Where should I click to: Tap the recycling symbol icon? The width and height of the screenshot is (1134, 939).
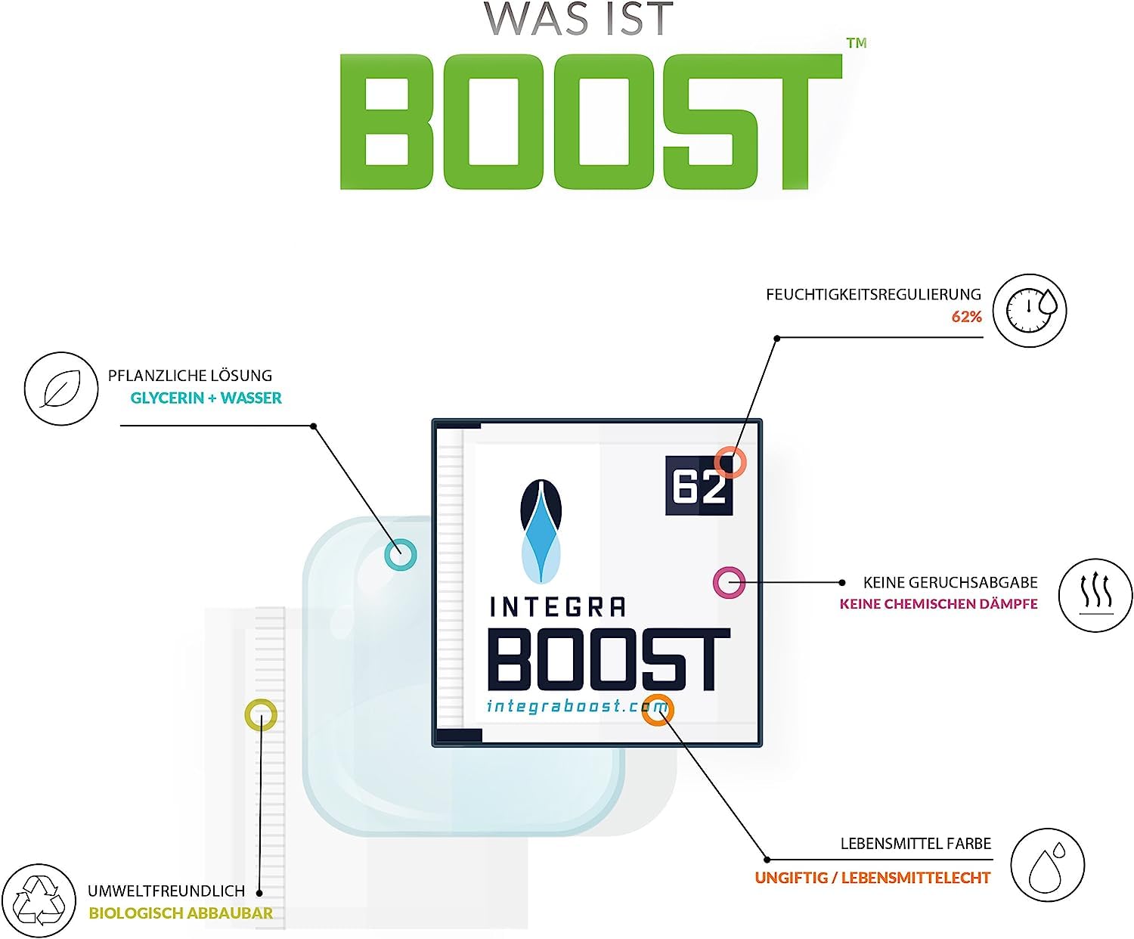pyautogui.click(x=40, y=900)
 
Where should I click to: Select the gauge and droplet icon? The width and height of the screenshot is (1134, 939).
pyautogui.click(x=1030, y=311)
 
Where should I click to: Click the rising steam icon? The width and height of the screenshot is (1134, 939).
pyautogui.click(x=1095, y=594)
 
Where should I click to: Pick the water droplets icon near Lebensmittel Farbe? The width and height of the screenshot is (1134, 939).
pyautogui.click(x=1048, y=865)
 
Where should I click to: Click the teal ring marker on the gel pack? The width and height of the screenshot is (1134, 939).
pyautogui.click(x=401, y=554)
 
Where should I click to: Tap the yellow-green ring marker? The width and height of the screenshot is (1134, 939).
pyautogui.click(x=261, y=714)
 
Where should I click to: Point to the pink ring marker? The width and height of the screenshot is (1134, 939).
pyautogui.click(x=730, y=582)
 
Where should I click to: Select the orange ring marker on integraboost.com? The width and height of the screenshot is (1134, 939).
pyautogui.click(x=658, y=709)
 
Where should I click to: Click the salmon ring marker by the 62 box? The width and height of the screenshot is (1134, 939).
pyautogui.click(x=730, y=462)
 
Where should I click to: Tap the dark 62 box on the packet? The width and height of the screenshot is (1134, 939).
pyautogui.click(x=698, y=487)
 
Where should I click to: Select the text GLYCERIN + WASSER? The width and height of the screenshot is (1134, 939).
pyautogui.click(x=206, y=398)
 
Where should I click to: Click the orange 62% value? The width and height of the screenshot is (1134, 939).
pyautogui.click(x=966, y=317)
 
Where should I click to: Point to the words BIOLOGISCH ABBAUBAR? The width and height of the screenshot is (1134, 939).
pyautogui.click(x=181, y=913)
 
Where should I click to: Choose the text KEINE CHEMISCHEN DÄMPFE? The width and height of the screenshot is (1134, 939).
pyautogui.click(x=938, y=604)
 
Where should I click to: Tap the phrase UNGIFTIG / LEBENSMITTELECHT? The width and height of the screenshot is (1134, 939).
pyautogui.click(x=872, y=878)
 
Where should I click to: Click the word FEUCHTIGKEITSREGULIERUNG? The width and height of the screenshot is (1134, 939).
pyautogui.click(x=873, y=294)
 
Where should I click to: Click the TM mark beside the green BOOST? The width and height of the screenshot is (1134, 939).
pyautogui.click(x=857, y=43)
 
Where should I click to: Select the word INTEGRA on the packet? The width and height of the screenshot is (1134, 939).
pyautogui.click(x=558, y=606)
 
